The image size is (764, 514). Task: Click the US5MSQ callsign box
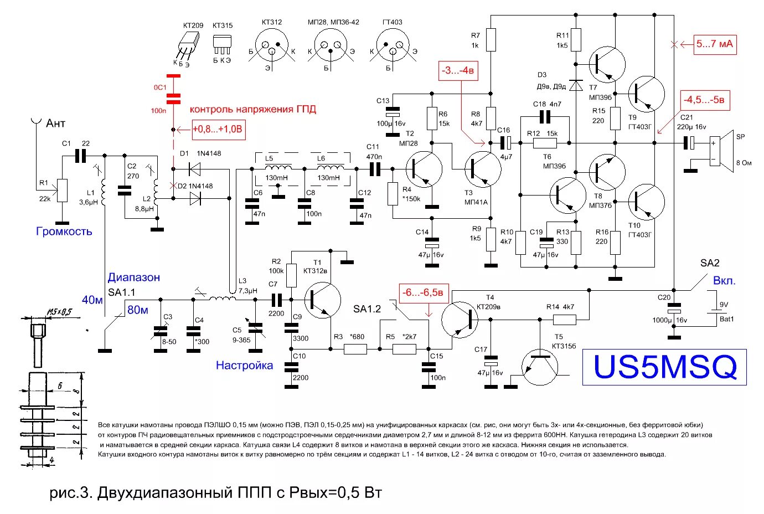tap(664, 367)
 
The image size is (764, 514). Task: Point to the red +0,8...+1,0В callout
tap(218, 130)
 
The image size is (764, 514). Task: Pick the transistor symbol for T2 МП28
tap(424, 169)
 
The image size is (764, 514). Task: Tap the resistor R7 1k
tap(491, 40)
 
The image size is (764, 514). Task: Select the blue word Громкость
tap(64, 232)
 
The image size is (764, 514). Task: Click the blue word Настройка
tap(244, 365)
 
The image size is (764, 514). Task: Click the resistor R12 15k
tap(545, 143)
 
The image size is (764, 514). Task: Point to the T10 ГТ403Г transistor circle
tap(646, 202)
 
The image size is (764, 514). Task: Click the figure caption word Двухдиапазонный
tap(163, 492)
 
